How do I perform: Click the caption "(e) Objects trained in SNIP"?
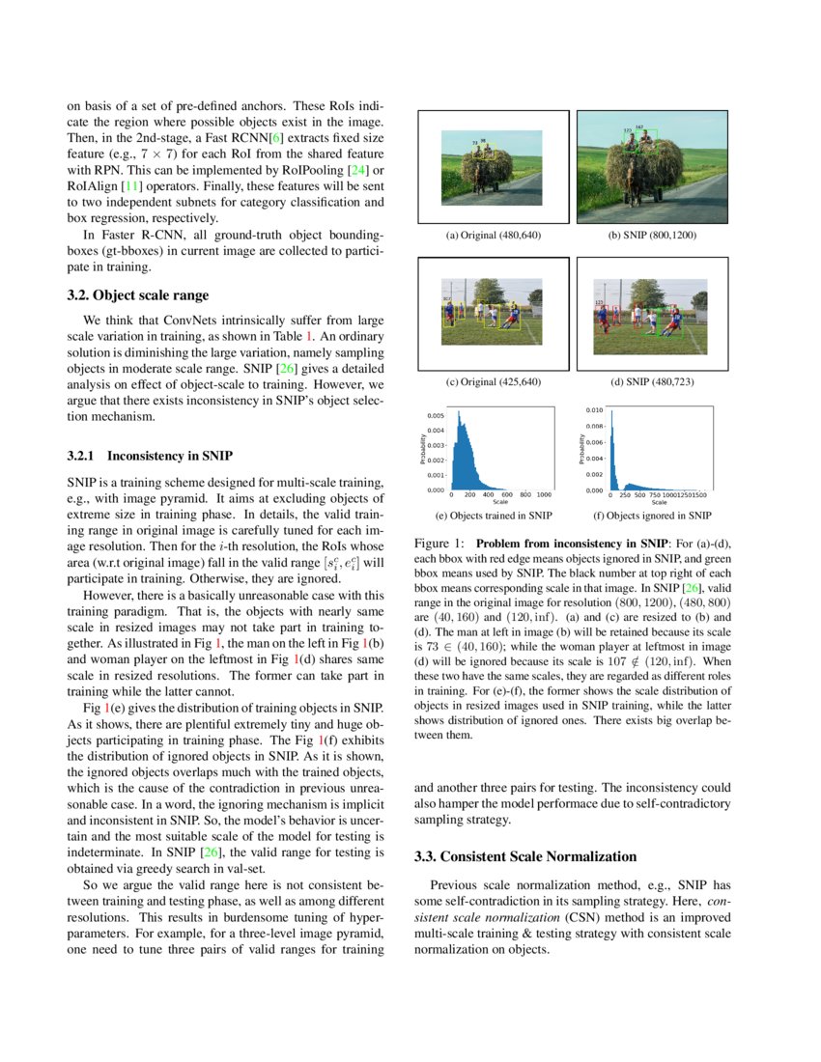click(x=494, y=516)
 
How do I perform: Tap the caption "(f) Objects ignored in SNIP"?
click(x=652, y=516)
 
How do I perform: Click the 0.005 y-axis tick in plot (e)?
click(x=436, y=416)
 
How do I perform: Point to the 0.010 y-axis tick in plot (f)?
click(x=595, y=410)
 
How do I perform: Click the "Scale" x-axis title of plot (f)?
click(x=659, y=502)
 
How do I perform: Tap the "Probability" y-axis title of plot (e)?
click(x=423, y=449)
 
